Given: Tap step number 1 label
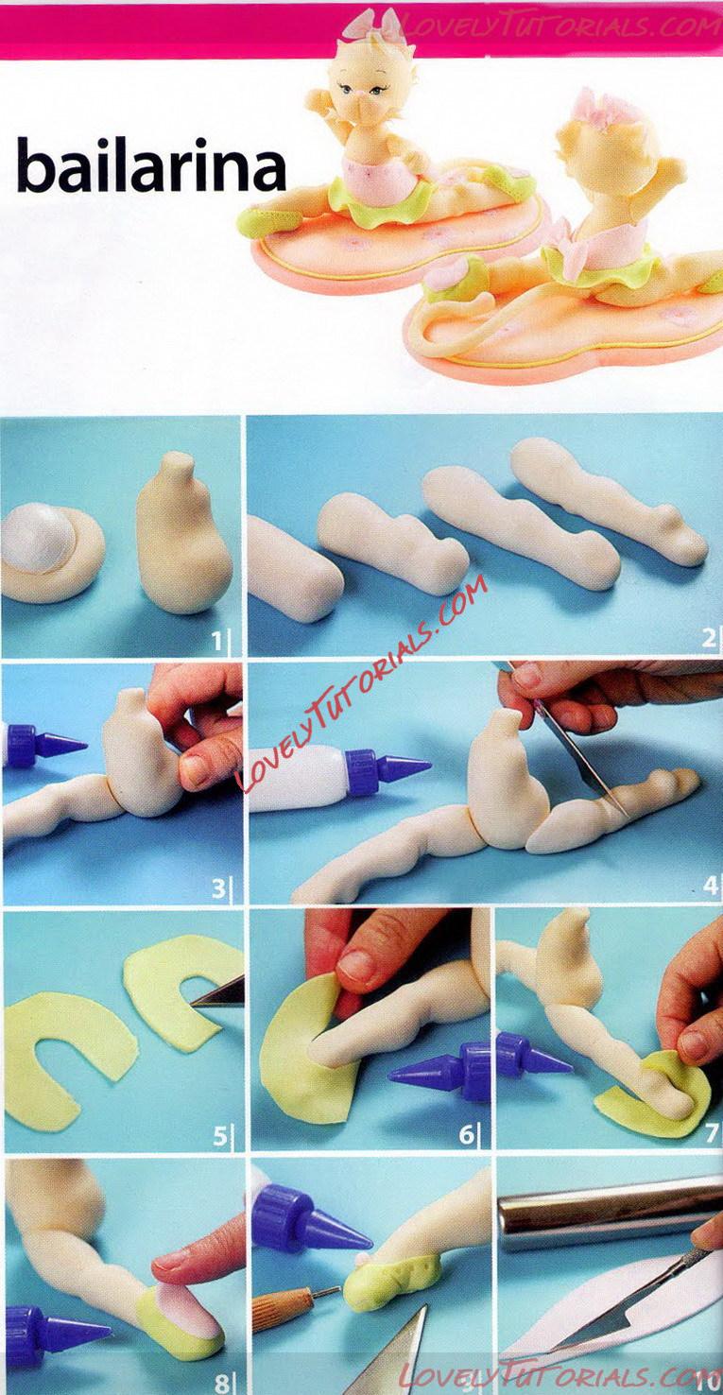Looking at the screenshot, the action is [x=216, y=640].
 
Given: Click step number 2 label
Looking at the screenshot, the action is [x=708, y=639].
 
